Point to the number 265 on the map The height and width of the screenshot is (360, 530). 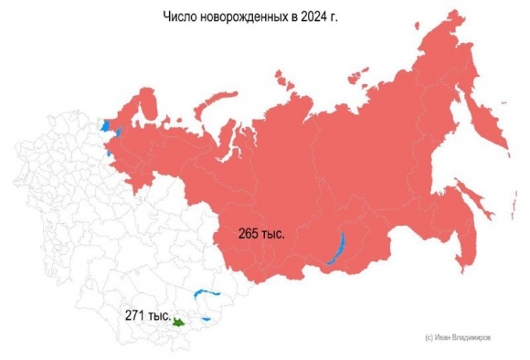249,235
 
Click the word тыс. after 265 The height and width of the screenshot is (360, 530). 273,235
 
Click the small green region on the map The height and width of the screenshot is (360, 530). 179,322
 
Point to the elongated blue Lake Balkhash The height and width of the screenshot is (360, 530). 207,295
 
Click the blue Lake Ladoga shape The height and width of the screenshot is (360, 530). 106,125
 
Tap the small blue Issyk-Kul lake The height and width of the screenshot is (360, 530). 207,318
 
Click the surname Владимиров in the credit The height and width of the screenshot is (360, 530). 469,337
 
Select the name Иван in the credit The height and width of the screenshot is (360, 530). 438,337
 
